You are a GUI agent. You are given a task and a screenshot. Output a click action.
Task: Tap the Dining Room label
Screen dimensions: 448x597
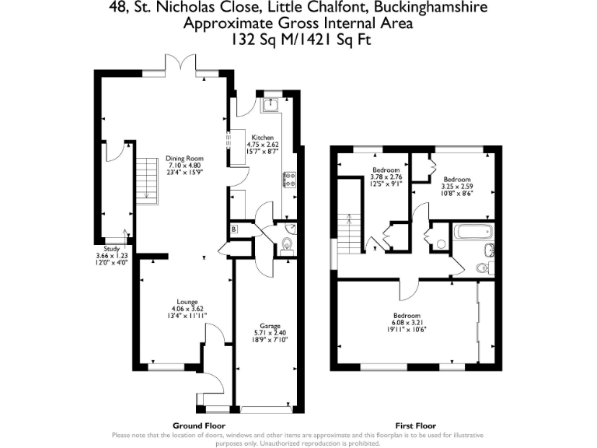tap(184, 159)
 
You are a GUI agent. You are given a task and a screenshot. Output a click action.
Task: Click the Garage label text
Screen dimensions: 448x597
tap(267, 327)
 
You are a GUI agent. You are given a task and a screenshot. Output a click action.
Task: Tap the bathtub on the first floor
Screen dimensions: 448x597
tap(472, 231)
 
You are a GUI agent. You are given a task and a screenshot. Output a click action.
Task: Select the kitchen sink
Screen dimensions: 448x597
tap(272, 103)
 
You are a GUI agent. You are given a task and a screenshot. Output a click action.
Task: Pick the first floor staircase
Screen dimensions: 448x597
tap(350, 233)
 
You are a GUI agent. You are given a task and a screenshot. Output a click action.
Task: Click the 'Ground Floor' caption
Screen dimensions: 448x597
tap(199, 426)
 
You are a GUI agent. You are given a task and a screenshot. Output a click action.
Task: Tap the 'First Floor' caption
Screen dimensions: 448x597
tap(414, 426)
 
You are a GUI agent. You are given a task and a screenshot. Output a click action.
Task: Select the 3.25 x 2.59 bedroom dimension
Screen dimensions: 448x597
tap(456, 186)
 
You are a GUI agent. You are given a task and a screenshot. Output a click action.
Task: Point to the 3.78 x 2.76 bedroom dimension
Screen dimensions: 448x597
tap(386, 177)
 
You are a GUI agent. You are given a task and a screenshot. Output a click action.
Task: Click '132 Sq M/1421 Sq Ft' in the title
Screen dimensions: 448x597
tap(298, 37)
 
